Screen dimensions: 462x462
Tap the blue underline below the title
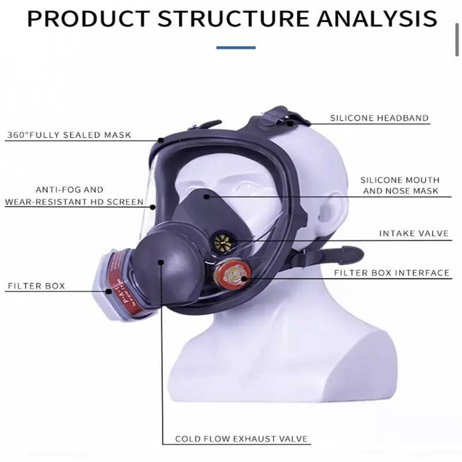[x=236, y=47]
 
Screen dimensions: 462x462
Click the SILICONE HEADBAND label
[x=379, y=118]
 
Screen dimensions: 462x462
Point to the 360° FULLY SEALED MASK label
[x=69, y=136]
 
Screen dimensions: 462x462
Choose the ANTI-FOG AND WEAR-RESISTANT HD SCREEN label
[x=74, y=196]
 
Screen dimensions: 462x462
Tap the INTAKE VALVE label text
[x=413, y=234]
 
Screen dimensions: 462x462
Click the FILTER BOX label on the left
[x=36, y=286]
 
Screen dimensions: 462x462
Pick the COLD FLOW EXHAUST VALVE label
[x=242, y=439]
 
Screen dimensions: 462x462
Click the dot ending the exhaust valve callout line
[x=161, y=263]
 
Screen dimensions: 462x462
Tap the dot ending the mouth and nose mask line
[x=206, y=197]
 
